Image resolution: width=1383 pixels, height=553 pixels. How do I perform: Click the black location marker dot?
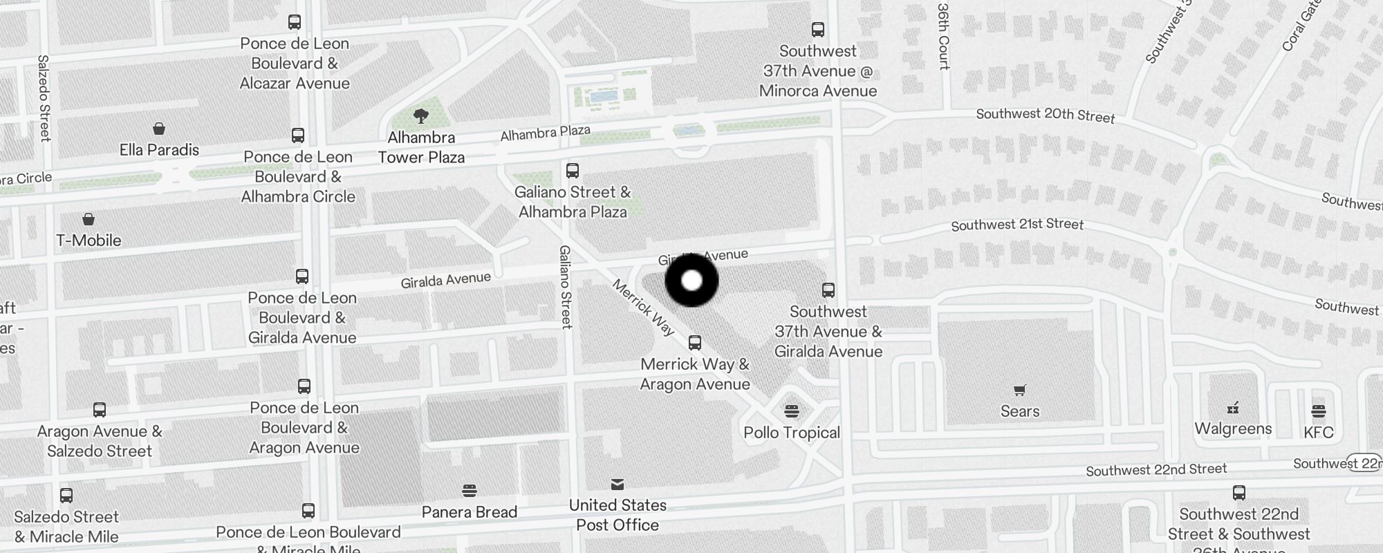coord(691,281)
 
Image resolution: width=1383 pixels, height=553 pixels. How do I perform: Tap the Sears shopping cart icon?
coord(1020,390)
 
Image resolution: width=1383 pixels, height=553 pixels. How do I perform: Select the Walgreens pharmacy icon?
coord(1233,407)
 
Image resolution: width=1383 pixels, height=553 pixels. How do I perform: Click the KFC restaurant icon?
coord(1318,411)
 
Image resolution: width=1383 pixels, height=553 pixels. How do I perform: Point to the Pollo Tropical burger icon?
coord(792,411)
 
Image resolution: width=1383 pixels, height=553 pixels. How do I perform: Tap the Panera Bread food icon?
coord(470,491)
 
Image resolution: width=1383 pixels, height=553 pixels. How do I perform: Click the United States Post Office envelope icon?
coord(618,484)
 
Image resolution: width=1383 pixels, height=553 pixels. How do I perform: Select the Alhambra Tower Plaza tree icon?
coord(421,115)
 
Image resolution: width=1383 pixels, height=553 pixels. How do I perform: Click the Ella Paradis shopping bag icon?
coord(159,129)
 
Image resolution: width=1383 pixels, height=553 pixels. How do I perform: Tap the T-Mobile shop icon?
coord(89,219)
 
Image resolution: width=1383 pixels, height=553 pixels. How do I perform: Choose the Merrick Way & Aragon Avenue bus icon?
coord(695,342)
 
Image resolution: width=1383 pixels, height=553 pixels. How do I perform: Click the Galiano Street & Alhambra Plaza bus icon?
coord(573,170)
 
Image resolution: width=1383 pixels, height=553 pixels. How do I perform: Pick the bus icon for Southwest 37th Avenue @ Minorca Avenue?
coord(818,29)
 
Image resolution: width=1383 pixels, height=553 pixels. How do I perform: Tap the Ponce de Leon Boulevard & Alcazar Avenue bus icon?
coord(295,21)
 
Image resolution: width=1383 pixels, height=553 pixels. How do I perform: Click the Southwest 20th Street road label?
coord(1045,115)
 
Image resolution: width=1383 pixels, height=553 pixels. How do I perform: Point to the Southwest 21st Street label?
coord(1017,225)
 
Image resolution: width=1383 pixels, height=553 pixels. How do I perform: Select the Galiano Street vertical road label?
coord(566,286)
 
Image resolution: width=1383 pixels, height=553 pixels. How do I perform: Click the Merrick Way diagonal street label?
coord(643,308)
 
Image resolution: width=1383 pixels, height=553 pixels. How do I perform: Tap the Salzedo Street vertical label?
coord(44,98)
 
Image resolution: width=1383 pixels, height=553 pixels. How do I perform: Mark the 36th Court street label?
coord(944,36)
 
